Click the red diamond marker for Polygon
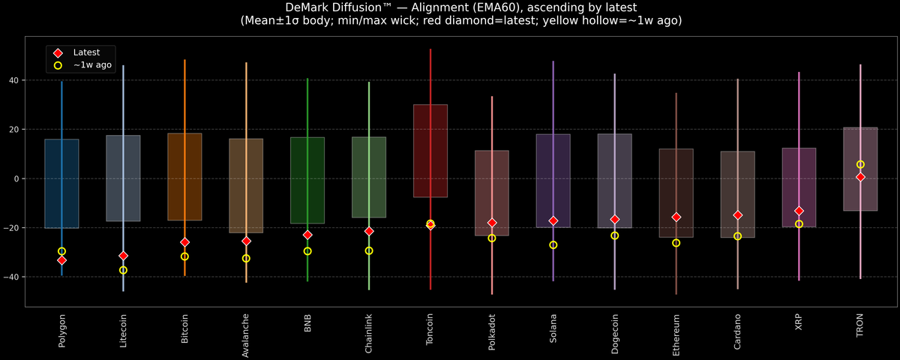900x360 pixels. click(x=61, y=260)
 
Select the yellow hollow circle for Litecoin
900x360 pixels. click(x=123, y=270)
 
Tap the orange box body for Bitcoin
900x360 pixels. click(x=184, y=177)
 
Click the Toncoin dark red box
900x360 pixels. click(x=430, y=150)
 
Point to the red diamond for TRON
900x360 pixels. click(x=860, y=177)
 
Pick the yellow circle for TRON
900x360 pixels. click(x=860, y=164)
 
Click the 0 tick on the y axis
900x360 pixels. click(x=17, y=178)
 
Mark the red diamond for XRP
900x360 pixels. click(x=799, y=211)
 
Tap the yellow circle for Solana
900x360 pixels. click(x=553, y=245)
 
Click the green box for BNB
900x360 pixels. click(x=307, y=180)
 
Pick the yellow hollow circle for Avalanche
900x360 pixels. click(x=246, y=258)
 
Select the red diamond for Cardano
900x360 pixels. click(x=737, y=215)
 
